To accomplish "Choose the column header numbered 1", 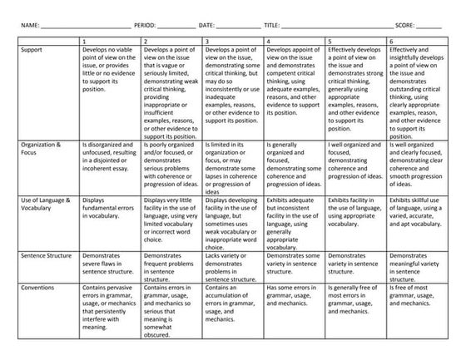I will click(x=85, y=40).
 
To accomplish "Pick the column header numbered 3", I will click(x=206, y=40).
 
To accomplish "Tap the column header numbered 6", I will click(x=390, y=40).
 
